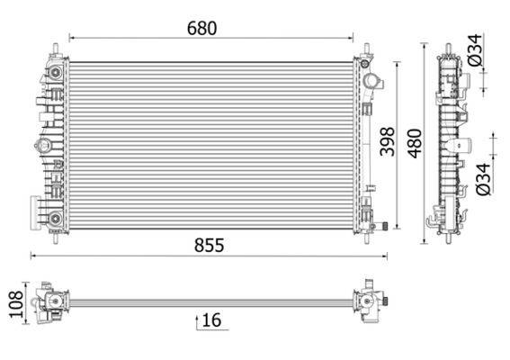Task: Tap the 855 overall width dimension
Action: pos(206,244)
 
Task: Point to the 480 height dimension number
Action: pos(414,142)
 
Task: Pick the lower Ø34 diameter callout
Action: pos(483,178)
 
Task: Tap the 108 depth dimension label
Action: pos(13,304)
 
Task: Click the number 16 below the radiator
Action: pos(212,320)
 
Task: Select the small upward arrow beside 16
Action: pos(197,320)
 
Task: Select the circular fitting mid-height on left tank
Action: pos(42,145)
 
